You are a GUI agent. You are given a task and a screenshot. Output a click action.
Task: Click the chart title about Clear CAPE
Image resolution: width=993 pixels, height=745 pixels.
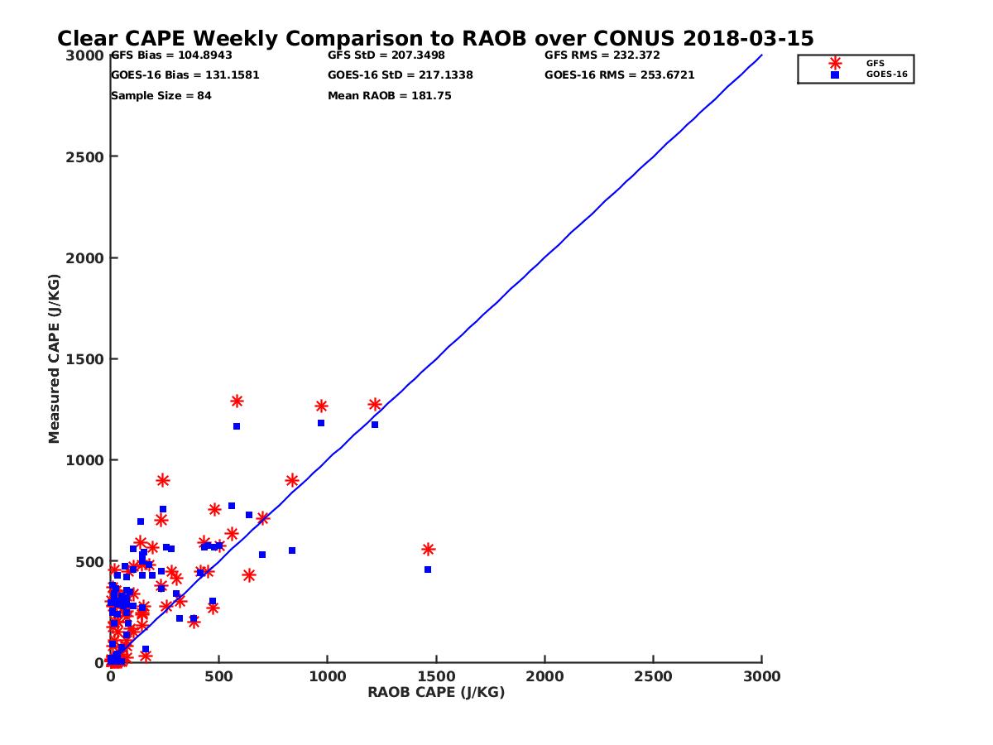[435, 39]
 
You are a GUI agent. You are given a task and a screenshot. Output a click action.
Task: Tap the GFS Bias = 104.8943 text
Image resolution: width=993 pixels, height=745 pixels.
[171, 55]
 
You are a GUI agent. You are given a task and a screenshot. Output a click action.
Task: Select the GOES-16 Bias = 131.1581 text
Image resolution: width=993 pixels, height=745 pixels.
[185, 75]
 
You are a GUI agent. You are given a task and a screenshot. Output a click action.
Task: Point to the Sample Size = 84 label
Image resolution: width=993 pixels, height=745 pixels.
[161, 96]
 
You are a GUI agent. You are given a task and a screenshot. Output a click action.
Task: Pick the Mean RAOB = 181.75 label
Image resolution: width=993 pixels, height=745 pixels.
[390, 96]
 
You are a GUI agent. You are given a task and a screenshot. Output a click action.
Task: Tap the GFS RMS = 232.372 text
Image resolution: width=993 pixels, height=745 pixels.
[602, 55]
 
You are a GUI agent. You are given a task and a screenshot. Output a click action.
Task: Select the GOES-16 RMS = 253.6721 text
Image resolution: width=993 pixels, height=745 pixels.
[620, 75]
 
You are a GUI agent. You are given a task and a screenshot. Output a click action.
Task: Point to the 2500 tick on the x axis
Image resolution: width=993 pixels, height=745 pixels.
[654, 676]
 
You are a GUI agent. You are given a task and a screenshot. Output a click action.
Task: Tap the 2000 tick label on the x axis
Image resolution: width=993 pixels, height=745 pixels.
[544, 676]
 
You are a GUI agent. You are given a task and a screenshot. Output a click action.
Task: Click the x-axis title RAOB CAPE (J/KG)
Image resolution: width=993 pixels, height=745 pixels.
[436, 693]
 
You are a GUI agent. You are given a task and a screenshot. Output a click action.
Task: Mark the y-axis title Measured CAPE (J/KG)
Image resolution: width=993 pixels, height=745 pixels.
[55, 358]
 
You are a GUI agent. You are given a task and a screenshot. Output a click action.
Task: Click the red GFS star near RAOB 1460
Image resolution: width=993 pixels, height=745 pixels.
[428, 550]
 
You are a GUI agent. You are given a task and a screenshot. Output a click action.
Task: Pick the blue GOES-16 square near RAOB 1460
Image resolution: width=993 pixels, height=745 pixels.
[428, 570]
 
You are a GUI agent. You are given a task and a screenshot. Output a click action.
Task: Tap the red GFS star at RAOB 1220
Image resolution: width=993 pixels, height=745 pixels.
[375, 405]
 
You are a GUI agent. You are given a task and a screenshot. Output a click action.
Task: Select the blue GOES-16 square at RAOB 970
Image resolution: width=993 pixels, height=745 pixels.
[321, 423]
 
